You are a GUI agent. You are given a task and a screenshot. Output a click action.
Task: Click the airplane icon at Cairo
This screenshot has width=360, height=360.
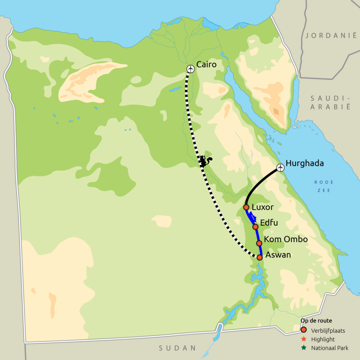tap(191, 69)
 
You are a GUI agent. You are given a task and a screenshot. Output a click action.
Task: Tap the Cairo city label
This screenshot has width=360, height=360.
tap(207, 65)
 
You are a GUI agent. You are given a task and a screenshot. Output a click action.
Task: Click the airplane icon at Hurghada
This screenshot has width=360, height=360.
tap(281, 168)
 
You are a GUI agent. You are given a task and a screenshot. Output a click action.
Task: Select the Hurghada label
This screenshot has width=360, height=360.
tap(305, 163)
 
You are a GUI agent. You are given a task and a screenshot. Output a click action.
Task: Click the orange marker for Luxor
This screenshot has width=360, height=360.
tap(246, 207)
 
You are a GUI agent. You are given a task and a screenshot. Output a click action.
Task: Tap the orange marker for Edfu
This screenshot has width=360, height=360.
tap(255, 227)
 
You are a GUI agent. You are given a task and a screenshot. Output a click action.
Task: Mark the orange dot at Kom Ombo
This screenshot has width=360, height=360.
tap(259, 243)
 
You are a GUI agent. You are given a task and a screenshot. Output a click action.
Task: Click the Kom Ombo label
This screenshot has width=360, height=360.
tap(286, 239)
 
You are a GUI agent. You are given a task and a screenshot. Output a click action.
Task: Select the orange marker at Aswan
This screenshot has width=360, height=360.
tap(260, 257)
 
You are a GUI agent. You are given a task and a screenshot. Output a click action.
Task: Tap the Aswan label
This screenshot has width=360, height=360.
tap(278, 255)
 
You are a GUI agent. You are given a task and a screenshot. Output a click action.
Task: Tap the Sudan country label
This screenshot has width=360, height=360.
tap(178, 348)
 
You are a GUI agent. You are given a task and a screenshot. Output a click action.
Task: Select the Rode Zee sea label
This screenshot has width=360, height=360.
tap(324, 186)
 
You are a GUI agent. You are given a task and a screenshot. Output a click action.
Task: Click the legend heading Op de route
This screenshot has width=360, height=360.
tap(316, 321)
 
